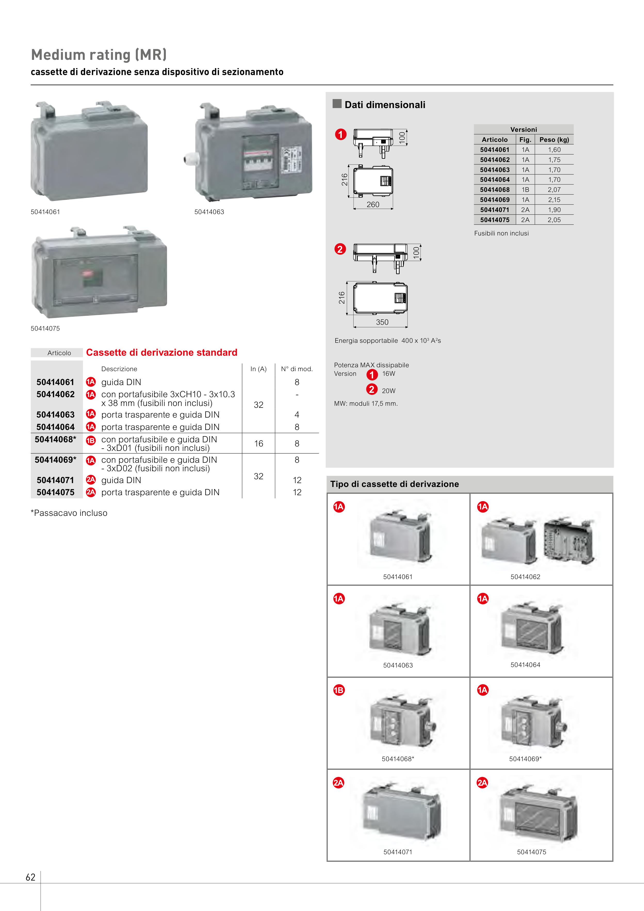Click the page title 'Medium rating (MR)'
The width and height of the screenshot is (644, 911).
click(99, 55)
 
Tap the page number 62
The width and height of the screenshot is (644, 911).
click(30, 877)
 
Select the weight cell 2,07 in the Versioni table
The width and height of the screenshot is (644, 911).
click(554, 190)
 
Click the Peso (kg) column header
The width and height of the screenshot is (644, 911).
click(554, 140)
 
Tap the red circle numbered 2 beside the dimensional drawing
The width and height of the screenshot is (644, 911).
click(340, 249)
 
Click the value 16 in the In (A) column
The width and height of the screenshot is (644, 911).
click(259, 444)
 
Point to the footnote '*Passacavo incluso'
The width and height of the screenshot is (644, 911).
click(69, 513)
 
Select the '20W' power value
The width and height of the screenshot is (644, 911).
click(388, 391)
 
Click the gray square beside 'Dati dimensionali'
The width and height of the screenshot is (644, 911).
click(337, 104)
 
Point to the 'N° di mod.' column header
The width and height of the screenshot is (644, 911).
click(297, 369)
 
